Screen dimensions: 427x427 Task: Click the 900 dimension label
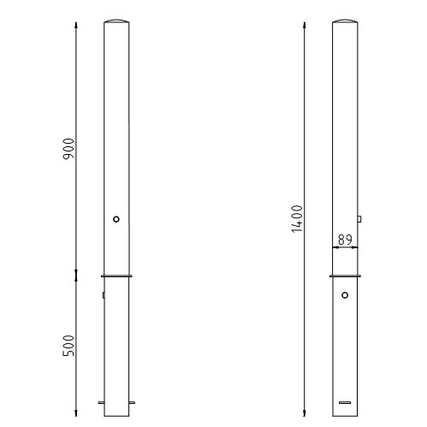point(68,149)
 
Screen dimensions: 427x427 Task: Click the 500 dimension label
point(68,346)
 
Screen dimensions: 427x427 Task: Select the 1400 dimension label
point(297,219)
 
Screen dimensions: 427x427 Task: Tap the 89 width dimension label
point(345,240)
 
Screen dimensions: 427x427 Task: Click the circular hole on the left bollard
point(116,219)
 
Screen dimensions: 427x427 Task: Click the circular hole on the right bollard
point(345,295)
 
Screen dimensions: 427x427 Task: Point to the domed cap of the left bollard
point(116,21)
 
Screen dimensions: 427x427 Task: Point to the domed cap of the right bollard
point(345,21)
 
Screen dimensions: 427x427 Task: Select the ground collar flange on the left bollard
point(116,276)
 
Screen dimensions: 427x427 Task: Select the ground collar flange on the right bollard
point(345,276)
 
